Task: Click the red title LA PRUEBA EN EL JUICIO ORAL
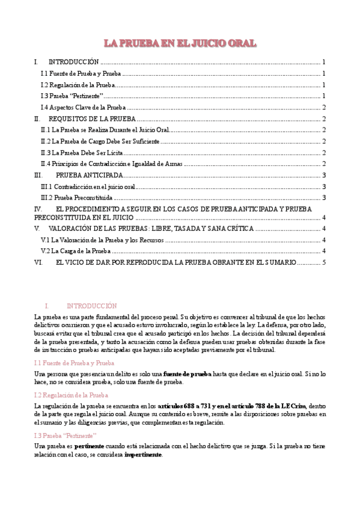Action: (180, 43)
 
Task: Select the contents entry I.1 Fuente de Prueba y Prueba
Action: (80, 73)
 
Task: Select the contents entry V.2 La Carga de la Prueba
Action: (75, 251)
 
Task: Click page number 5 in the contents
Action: (324, 262)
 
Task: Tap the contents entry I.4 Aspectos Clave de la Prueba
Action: (83, 108)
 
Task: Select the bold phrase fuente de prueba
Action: (186, 373)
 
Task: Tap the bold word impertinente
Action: (143, 455)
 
